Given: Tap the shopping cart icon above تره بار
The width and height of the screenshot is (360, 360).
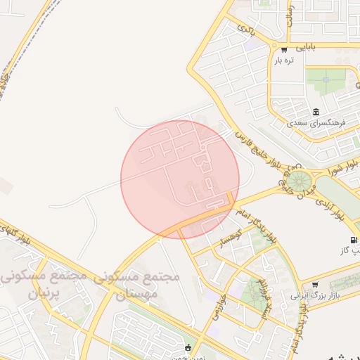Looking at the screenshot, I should tap(284, 49).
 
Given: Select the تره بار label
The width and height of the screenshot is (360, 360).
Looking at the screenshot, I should tap(283, 60).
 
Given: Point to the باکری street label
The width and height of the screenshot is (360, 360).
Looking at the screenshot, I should tap(245, 30).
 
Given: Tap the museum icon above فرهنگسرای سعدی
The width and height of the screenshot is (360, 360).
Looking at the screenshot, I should tap(316, 112).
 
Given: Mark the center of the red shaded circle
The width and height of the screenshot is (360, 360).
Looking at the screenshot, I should tap(180, 179).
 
